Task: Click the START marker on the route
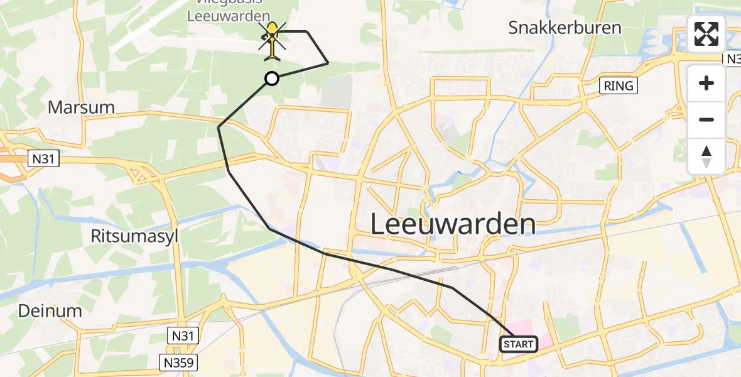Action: click(x=519, y=344)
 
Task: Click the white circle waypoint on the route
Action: click(x=271, y=79)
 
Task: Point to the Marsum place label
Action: click(x=81, y=107)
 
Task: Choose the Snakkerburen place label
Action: click(x=565, y=28)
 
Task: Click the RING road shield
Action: click(x=619, y=86)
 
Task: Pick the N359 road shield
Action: click(x=180, y=363)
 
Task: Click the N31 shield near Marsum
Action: click(x=43, y=160)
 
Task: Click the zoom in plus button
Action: click(x=706, y=83)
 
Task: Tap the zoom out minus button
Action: click(x=706, y=119)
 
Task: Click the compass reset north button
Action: click(x=706, y=156)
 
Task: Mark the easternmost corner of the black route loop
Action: click(x=328, y=63)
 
